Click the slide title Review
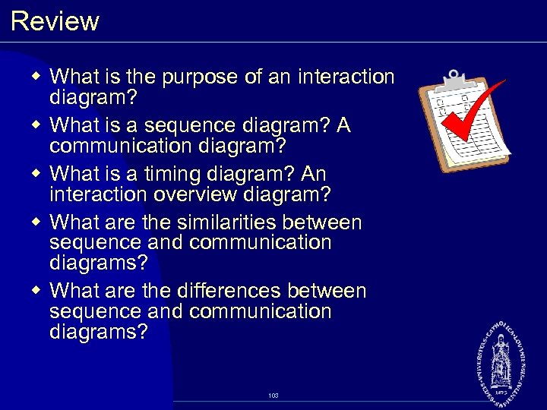(x=55, y=20)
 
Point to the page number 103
(x=273, y=396)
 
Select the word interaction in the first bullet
(x=346, y=77)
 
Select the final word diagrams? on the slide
(x=98, y=332)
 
